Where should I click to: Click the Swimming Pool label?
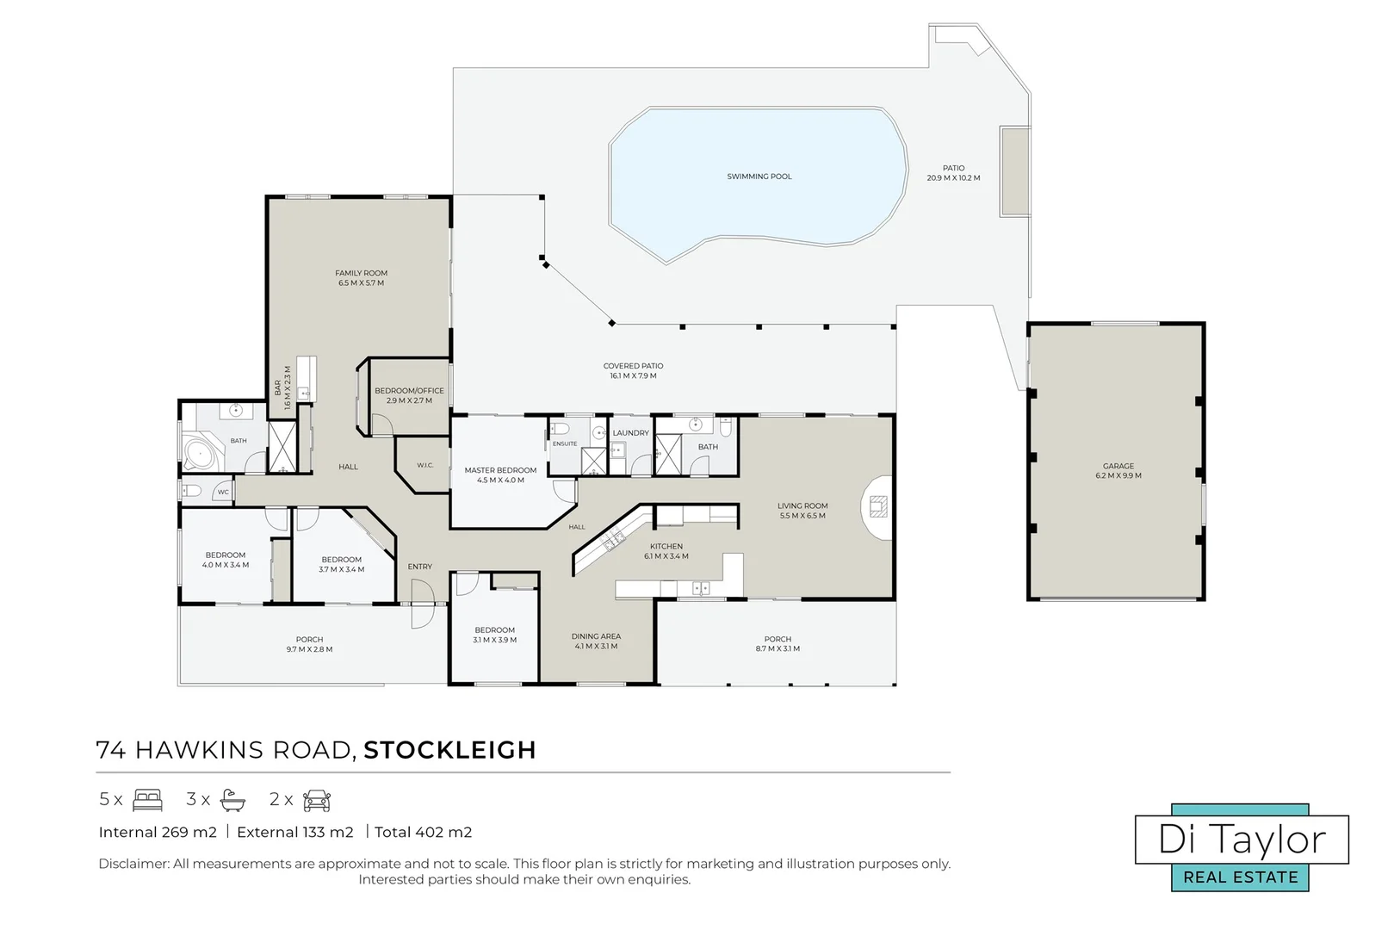coord(759,177)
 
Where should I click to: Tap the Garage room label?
coord(1118,466)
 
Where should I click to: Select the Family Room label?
coord(361,273)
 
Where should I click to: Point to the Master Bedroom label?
coord(500,471)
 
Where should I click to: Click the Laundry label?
coord(630,433)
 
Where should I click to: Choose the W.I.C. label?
coord(425,466)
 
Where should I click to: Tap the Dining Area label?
coord(596,637)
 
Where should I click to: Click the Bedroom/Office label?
coord(409,391)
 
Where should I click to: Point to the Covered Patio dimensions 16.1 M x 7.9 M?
coord(633,376)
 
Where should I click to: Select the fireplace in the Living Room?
coord(877,506)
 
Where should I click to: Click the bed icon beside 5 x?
coord(147,800)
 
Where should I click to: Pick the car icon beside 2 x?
coord(317,801)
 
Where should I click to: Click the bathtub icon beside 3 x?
coord(233,801)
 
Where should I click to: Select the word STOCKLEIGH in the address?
coord(449,750)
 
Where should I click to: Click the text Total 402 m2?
coord(423,833)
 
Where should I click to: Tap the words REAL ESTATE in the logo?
coord(1241,877)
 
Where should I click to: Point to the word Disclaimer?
coord(133,864)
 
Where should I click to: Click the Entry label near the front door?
coord(420,567)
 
